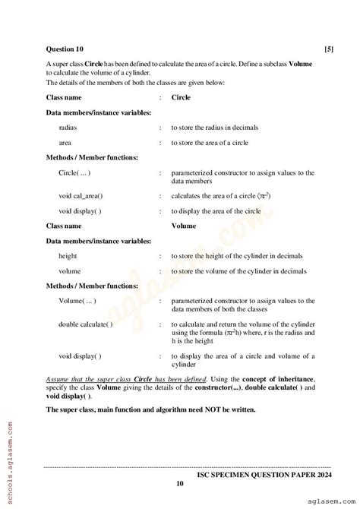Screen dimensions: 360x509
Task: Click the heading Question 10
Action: [x=65, y=49]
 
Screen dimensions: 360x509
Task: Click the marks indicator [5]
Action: [x=328, y=49]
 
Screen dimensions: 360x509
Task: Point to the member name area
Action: [x=66, y=142]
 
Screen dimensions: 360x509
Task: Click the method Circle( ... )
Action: [x=77, y=172]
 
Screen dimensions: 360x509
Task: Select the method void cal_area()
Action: [x=81, y=195]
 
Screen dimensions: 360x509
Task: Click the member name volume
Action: [x=70, y=270]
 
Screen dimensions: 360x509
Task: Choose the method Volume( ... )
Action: [x=78, y=301]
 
